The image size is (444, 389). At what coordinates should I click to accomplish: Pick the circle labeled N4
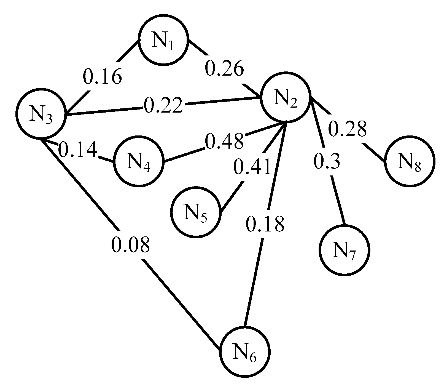click(x=139, y=162)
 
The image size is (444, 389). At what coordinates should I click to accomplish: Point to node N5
click(x=196, y=212)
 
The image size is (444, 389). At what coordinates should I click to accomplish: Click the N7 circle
click(x=344, y=250)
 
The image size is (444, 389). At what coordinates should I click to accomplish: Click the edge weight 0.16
click(x=102, y=76)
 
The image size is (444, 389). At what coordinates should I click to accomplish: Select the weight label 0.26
click(x=224, y=69)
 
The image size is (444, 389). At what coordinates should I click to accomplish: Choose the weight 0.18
click(x=265, y=224)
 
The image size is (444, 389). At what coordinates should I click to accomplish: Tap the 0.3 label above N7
click(x=327, y=162)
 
